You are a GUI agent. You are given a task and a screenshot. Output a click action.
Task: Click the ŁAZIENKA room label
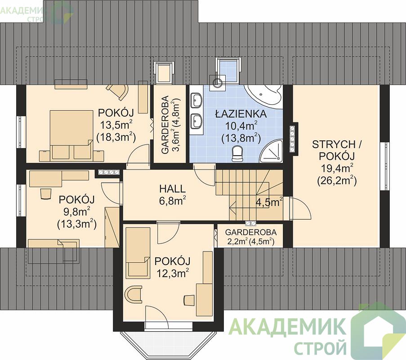tap(241, 114)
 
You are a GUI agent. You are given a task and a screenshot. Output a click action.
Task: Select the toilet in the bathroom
tap(237, 153)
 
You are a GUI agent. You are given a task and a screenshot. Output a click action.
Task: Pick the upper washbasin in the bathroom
tap(196, 100)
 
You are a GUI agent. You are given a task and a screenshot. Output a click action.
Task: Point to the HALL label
tap(173, 189)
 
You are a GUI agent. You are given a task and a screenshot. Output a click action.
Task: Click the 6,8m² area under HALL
tap(173, 201)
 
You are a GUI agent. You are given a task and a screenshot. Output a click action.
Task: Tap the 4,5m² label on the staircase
tap(269, 202)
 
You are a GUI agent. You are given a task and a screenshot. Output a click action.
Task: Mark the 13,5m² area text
tap(116, 126)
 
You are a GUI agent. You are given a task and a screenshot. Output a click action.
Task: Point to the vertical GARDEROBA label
tap(165, 126)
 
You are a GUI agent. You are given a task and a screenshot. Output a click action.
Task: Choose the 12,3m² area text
tap(173, 273)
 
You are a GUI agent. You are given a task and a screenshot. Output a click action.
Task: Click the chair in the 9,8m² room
tap(46, 193)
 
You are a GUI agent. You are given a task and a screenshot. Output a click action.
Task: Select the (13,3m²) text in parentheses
tap(76, 224)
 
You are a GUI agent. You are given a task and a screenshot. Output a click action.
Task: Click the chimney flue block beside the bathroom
tap(293, 139)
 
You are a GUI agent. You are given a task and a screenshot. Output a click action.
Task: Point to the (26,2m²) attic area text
tap(337, 180)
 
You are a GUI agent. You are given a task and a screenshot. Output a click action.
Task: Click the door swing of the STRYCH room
tap(301, 208)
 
